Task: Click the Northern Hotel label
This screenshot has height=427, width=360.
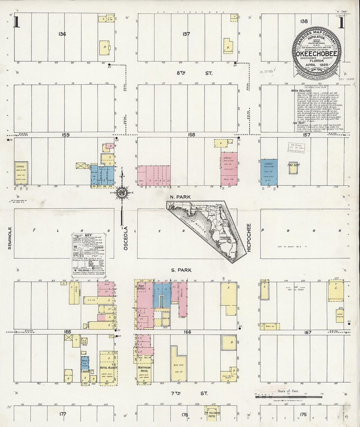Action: [144, 369]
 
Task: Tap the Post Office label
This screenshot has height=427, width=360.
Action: [141, 287]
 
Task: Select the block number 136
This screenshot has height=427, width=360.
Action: [62, 34]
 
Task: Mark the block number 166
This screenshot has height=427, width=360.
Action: [187, 332]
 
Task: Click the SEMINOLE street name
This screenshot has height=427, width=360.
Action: [9, 238]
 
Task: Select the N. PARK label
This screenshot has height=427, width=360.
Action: [180, 197]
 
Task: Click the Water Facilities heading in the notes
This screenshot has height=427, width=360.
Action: [301, 91]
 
